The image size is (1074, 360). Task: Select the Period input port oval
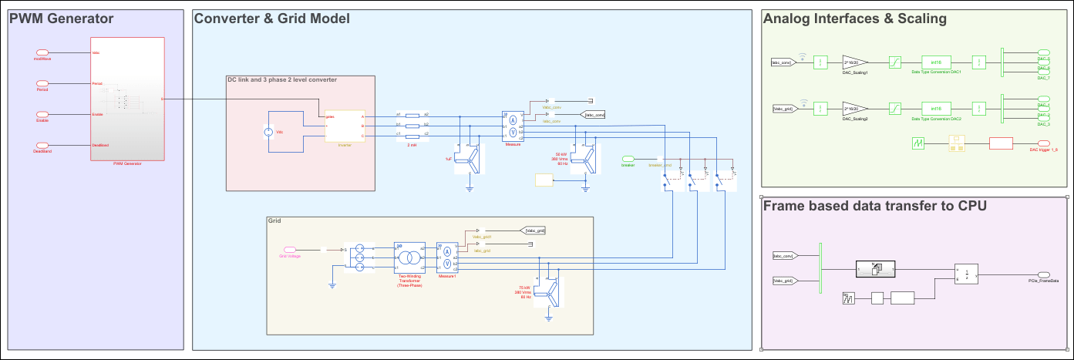point(42,83)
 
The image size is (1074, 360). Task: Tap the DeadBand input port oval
point(42,145)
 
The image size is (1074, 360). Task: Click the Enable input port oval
point(42,114)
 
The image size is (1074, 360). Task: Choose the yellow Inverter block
point(344,126)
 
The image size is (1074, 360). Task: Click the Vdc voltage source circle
point(269,132)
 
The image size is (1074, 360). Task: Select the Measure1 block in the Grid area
point(447,257)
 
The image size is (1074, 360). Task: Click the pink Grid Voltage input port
point(291,249)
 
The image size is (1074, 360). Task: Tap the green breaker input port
point(628,158)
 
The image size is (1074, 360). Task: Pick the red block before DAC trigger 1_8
point(1001,143)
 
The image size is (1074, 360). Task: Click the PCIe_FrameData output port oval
point(1043,274)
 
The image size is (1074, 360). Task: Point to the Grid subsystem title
point(275,221)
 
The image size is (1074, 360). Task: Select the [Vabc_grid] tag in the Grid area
point(535,230)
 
